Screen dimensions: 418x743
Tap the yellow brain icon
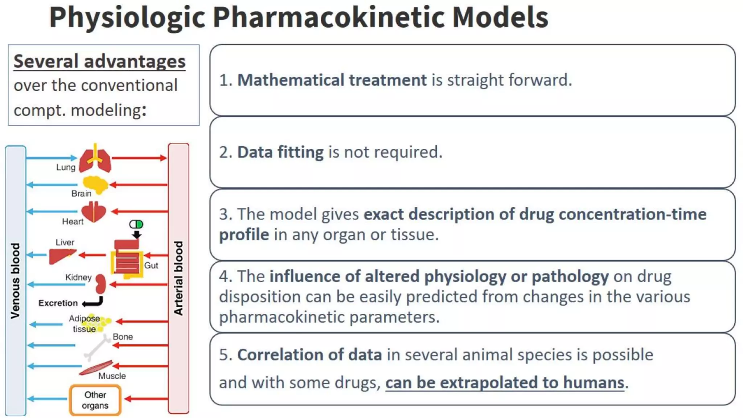95,185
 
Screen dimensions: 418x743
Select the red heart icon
94,212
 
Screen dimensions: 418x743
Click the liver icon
62,256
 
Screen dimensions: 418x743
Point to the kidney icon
100,284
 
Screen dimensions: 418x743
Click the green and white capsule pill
136,224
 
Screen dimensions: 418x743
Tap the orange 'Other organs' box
95,400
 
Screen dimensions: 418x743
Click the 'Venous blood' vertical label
15,280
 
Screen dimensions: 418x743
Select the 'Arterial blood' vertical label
178,278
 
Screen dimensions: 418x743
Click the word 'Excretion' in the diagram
58,303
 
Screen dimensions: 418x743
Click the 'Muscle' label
112,376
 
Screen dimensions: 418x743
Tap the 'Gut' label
151,265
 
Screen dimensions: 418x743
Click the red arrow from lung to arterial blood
139,158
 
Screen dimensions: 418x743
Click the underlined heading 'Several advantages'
99,61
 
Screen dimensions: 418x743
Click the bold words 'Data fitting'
280,152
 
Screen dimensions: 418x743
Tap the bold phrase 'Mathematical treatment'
332,80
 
